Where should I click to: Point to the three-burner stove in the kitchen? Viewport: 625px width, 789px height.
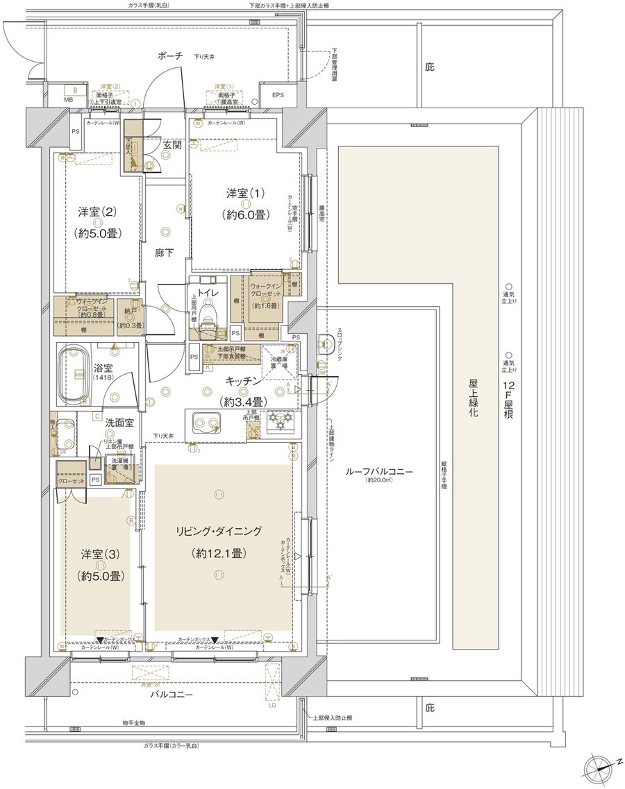(x=281, y=423)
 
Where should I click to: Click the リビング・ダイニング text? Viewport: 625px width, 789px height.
(x=219, y=532)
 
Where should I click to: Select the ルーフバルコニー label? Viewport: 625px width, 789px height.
(x=379, y=471)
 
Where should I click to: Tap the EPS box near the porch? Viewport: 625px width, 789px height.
(x=278, y=94)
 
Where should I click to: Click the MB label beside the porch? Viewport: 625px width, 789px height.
(x=68, y=99)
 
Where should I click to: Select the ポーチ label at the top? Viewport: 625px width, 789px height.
(x=169, y=56)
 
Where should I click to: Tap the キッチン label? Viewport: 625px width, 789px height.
(x=242, y=381)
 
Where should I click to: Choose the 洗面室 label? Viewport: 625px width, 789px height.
(x=119, y=421)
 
